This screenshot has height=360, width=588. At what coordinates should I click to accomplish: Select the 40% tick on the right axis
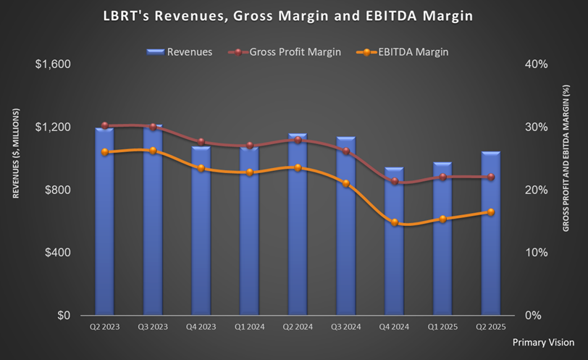point(535,64)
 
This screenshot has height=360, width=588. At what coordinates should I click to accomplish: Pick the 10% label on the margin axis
point(535,253)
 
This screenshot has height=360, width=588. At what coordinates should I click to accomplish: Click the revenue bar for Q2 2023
point(105,225)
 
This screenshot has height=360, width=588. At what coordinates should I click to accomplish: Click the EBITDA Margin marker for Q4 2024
point(395,222)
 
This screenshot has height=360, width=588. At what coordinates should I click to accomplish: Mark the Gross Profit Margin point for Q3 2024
point(346,151)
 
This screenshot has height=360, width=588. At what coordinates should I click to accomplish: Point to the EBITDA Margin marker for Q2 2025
point(491,212)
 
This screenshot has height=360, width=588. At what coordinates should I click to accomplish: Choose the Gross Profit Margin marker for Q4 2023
point(201,142)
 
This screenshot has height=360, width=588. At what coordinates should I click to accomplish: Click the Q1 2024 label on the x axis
point(250,327)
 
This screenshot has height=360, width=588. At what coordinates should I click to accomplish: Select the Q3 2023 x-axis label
point(154,327)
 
